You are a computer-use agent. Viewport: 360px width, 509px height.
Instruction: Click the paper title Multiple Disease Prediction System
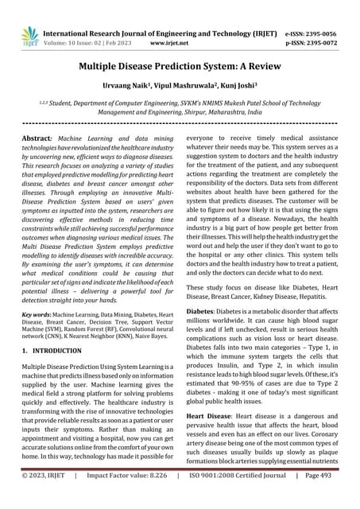point(180,68)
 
